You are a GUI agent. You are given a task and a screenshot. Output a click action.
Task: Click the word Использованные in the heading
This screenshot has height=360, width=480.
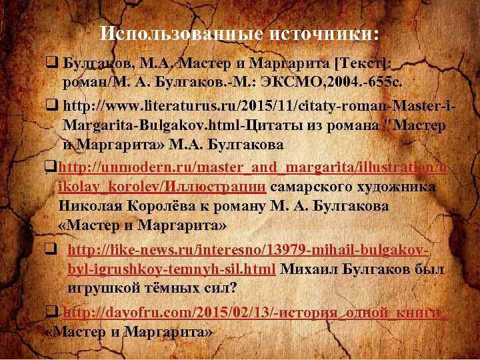181,34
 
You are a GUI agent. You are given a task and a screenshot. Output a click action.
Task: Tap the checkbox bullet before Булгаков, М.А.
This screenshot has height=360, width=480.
52,63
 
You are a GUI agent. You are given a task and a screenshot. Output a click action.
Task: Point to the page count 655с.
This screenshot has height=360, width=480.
385,83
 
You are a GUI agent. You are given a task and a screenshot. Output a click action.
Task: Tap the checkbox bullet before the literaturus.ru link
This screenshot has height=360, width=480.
52,106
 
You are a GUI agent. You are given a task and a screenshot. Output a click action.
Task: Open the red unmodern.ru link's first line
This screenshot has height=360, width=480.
251,169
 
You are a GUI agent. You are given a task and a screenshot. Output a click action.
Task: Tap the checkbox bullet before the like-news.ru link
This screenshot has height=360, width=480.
51,249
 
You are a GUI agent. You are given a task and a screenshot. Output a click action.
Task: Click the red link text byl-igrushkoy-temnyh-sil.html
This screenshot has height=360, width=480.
171,269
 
